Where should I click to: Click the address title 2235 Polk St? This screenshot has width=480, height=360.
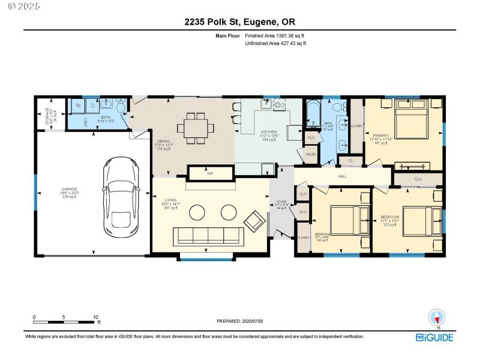click(240, 22)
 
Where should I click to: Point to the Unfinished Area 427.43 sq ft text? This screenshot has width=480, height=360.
click(277, 44)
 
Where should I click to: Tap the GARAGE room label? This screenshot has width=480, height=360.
click(69, 191)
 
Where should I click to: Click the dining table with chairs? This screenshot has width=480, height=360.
click(195, 128)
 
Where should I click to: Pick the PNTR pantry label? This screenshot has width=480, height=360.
click(311, 154)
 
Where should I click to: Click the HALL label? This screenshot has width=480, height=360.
click(343, 176)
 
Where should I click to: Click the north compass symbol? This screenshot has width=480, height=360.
click(437, 317)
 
